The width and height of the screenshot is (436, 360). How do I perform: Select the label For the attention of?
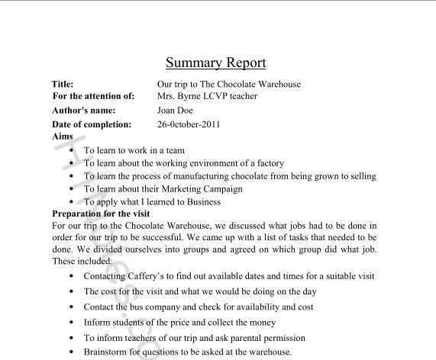(x=93, y=96)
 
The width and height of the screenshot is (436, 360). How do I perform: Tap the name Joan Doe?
(x=175, y=110)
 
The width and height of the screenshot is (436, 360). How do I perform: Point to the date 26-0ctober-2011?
(x=190, y=124)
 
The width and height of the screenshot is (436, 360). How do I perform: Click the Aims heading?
(x=63, y=136)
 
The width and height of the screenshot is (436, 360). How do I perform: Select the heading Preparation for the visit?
(x=101, y=214)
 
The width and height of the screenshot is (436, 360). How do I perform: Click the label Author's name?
(x=86, y=110)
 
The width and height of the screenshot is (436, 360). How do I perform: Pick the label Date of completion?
(x=92, y=124)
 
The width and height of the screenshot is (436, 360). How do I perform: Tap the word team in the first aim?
(x=174, y=151)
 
